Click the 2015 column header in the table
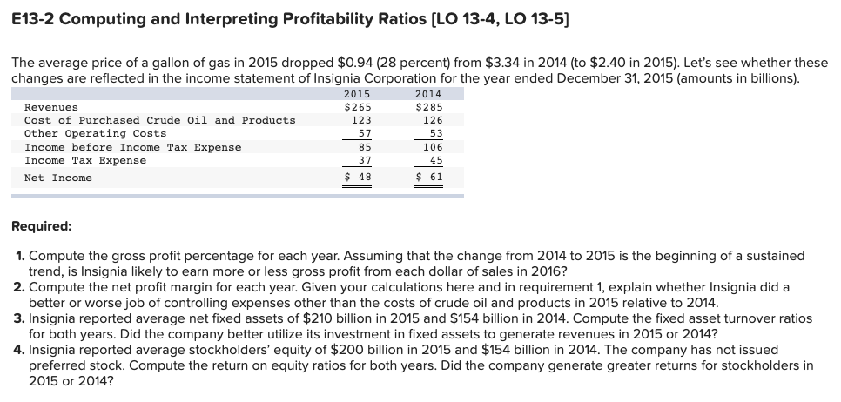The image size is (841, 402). (358, 94)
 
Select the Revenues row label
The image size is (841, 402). (51, 107)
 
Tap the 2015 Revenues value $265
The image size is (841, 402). (358, 107)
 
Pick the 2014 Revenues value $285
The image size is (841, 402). (427, 107)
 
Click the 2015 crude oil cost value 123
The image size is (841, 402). (360, 120)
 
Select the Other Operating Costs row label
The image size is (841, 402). (95, 133)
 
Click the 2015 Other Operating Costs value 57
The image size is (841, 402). (364, 133)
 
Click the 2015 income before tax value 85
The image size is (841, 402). (364, 147)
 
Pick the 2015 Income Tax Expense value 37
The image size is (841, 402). (364, 160)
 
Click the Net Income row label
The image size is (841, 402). (58, 178)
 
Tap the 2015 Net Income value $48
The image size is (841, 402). (358, 178)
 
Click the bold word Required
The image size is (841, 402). (42, 226)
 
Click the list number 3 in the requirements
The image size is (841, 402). (19, 319)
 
